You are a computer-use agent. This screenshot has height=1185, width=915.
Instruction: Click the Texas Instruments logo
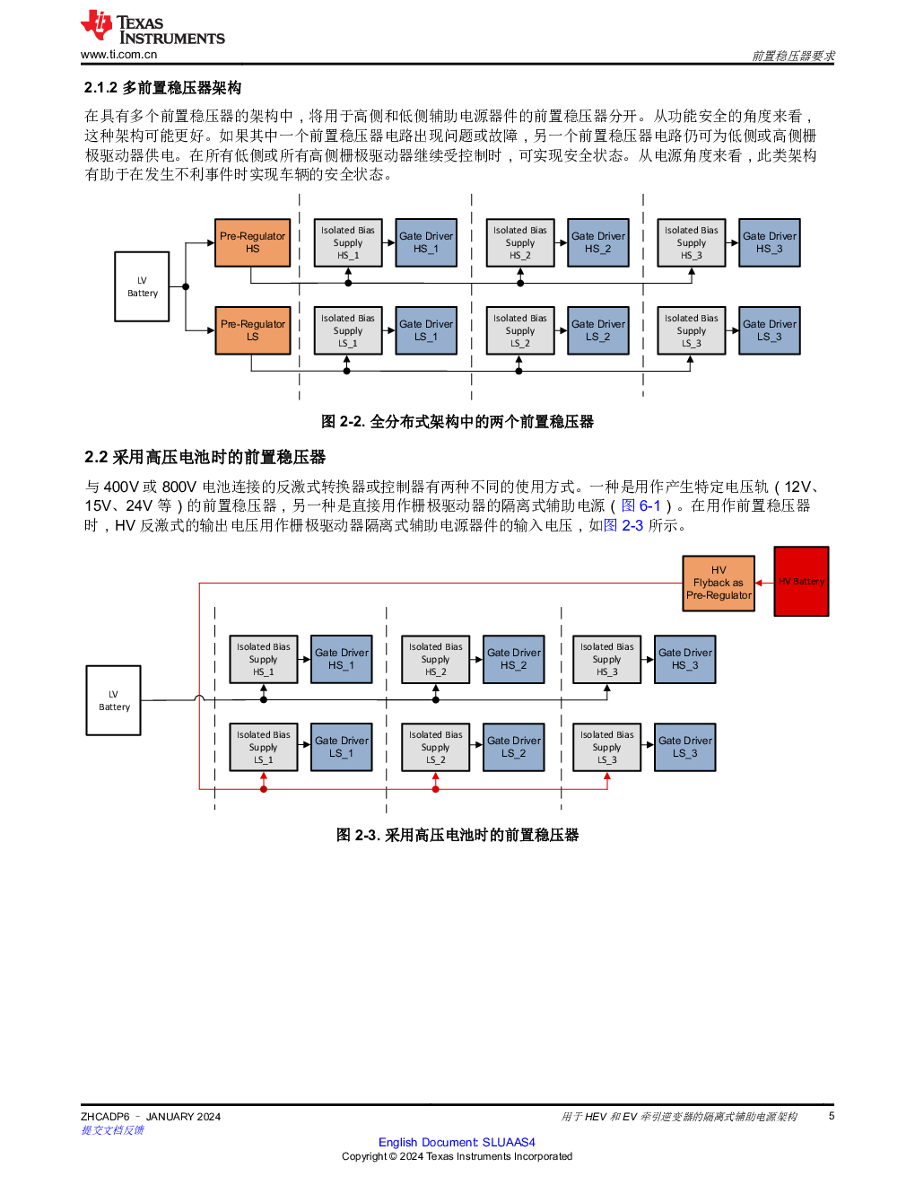[x=152, y=28]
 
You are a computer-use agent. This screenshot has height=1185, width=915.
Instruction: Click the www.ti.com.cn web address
[x=118, y=55]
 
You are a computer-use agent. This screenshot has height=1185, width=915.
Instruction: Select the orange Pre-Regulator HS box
[x=253, y=242]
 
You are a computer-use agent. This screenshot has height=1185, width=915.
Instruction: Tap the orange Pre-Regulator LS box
[x=253, y=330]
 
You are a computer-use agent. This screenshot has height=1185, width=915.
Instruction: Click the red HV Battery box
[x=801, y=582]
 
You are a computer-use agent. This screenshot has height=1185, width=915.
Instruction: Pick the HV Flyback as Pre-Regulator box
[x=719, y=583]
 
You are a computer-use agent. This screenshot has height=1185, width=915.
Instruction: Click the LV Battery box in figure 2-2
[x=142, y=286]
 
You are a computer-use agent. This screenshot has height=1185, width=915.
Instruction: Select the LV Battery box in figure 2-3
[x=114, y=700]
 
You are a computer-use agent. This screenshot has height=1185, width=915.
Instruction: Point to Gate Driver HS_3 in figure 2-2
[x=770, y=242]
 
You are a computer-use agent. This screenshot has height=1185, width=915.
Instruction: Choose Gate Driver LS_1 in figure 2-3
[x=342, y=747]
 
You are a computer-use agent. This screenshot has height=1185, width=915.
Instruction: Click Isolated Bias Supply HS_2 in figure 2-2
[x=519, y=242]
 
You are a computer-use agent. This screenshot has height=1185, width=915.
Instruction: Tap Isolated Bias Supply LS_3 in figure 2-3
[x=606, y=747]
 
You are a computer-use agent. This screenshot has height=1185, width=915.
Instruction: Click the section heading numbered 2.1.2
[x=162, y=88]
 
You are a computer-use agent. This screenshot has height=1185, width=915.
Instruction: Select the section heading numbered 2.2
[x=205, y=457]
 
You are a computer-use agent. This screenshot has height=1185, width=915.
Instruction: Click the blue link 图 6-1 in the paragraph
[x=641, y=505]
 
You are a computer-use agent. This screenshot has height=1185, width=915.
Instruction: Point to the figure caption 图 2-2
[x=457, y=421]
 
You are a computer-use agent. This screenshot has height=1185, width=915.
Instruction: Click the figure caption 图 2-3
[x=457, y=835]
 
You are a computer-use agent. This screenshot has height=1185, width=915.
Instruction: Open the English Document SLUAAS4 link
[x=457, y=1142]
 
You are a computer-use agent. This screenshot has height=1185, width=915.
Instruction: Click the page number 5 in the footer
[x=832, y=1116]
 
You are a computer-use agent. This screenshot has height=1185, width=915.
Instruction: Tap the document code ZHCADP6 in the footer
[x=105, y=1117]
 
